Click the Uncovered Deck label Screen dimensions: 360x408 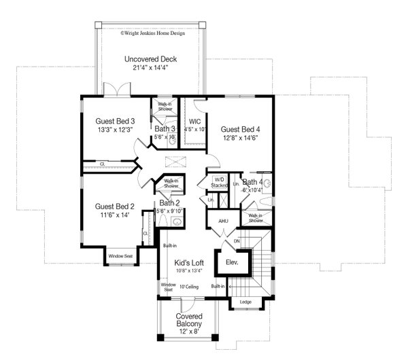click(x=151, y=60)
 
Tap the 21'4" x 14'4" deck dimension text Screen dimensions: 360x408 click(x=151, y=68)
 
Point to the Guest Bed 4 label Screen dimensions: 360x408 click(x=240, y=129)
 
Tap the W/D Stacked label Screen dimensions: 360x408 click(x=218, y=181)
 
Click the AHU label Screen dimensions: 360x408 click(x=222, y=221)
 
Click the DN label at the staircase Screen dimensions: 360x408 click(x=237, y=240)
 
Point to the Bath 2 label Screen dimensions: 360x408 click(x=170, y=203)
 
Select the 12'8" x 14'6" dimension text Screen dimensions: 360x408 click(x=240, y=138)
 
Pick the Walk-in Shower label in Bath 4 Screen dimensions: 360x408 click(x=256, y=218)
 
